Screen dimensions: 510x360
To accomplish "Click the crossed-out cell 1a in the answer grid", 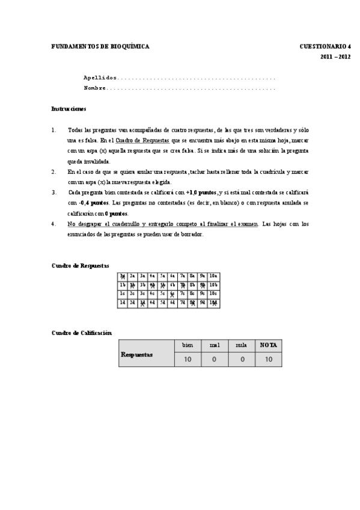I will point(123,276).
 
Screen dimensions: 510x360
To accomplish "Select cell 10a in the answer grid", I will point(213,276).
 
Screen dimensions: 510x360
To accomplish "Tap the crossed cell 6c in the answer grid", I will point(172,294).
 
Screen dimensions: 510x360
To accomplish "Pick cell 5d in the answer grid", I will point(162,303).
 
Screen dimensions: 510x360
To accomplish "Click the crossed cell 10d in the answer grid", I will point(213,303).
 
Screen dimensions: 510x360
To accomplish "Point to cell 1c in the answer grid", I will point(123,294).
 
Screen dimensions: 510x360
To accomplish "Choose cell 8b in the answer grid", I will point(193,285).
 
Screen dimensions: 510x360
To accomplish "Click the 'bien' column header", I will point(188,346).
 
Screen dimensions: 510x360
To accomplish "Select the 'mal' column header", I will point(215,346).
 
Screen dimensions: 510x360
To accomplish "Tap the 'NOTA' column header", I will point(268,346).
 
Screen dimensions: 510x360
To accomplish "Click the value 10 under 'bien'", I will point(188,359).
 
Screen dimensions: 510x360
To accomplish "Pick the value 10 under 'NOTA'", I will point(268,359).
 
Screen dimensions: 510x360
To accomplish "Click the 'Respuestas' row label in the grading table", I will point(136,354).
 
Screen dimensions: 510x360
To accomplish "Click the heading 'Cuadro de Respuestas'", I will point(80,265).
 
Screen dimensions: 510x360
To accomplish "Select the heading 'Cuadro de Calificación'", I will point(81,333).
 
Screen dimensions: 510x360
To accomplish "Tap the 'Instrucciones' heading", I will point(69,109).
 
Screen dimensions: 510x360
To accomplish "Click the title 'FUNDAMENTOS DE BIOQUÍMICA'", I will point(100,46).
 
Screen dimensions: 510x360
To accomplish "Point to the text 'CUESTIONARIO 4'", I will point(325,46).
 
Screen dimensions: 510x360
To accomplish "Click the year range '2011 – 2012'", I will point(335,57).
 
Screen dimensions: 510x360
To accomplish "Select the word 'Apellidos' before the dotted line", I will point(100,78).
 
